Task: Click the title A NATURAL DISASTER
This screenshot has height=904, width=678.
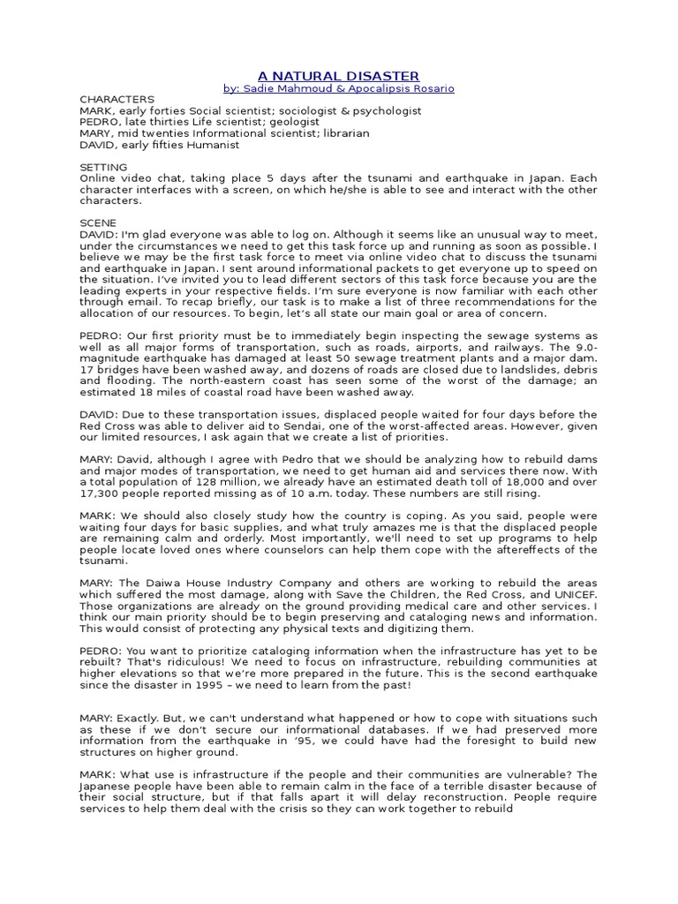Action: (338, 76)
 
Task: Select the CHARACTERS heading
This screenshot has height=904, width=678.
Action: (117, 100)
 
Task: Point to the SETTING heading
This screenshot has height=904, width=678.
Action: (103, 167)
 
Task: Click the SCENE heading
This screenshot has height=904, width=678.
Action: (98, 223)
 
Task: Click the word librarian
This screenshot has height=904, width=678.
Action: (339, 133)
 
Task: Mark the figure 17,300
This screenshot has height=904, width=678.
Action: (104, 494)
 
